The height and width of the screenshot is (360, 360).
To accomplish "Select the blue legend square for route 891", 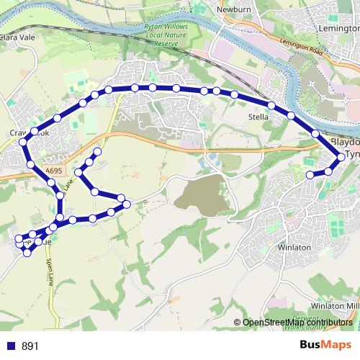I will click(x=10, y=346).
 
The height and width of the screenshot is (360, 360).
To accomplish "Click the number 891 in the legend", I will click(x=30, y=346).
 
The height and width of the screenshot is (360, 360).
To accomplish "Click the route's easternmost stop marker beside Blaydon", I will click(x=341, y=156).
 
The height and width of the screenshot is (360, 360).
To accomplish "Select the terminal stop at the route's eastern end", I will click(x=310, y=175).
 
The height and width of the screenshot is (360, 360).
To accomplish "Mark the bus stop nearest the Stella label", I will click(x=271, y=106).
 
